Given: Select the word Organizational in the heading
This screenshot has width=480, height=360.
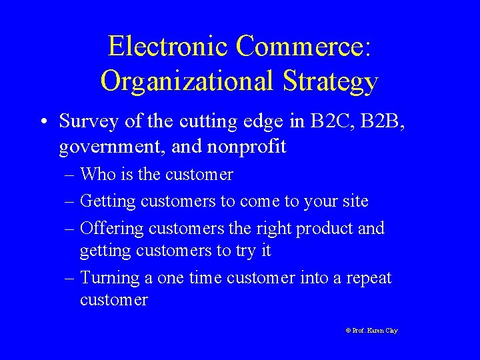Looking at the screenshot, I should [186, 81].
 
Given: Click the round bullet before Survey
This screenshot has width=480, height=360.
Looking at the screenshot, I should [41, 121].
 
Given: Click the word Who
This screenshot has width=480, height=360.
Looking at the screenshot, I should [97, 175].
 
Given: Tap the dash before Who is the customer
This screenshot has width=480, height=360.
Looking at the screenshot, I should [71, 175].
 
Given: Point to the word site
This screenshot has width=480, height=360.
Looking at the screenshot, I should [353, 201].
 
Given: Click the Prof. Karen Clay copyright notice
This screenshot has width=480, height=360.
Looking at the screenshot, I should [371, 331].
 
